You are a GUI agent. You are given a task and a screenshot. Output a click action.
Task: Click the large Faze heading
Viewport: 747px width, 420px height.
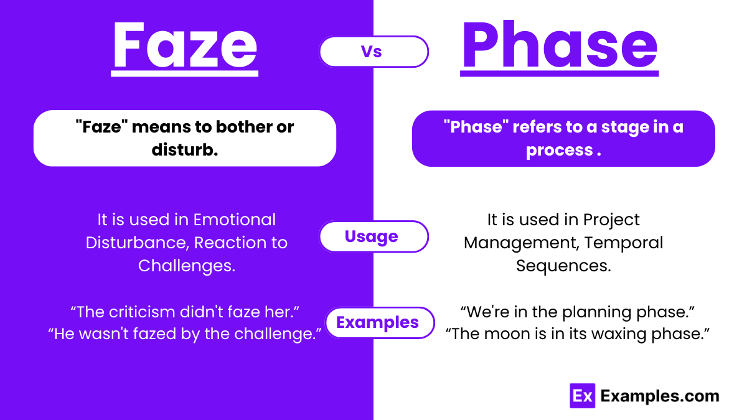184,47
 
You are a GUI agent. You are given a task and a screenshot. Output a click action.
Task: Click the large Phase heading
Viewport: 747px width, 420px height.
559,47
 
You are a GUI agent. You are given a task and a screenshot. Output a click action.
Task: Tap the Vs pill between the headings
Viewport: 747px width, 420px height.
374,52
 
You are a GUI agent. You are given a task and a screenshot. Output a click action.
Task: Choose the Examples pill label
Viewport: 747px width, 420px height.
378,322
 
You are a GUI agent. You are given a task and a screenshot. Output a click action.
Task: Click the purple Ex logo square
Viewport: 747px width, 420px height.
582,396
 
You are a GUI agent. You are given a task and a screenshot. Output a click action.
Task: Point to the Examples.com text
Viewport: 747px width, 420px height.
659,396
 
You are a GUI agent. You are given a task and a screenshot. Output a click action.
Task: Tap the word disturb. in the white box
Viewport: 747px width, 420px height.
185,149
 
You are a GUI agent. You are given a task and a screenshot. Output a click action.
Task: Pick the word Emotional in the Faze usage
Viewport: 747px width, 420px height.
235,220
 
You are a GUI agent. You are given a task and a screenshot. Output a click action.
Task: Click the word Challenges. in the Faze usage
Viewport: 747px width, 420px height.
187,266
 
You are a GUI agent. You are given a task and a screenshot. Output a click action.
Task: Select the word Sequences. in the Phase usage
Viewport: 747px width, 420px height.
563,266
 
